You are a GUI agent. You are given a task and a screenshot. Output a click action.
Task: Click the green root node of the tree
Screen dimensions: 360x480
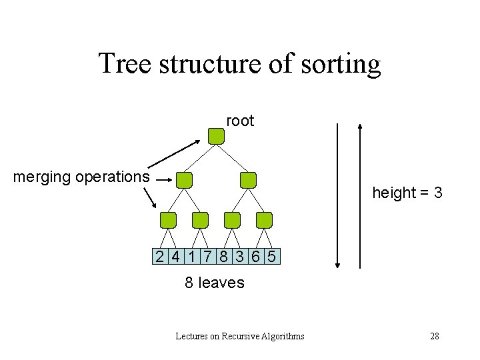coord(216,136)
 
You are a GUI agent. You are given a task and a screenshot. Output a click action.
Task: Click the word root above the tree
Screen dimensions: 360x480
coord(240,121)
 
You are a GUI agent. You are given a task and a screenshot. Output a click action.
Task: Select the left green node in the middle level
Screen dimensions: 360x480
coord(184,179)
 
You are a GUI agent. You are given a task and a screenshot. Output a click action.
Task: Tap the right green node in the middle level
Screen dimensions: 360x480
coord(248,179)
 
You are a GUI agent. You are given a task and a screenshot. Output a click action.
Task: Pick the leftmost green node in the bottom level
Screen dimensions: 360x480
coord(169,220)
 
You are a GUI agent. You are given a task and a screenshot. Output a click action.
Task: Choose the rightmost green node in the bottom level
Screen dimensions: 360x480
coord(265,220)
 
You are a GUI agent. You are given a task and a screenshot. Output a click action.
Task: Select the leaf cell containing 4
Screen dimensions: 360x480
coord(175,257)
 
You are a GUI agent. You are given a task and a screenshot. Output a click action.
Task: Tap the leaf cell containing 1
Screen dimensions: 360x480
coord(191,257)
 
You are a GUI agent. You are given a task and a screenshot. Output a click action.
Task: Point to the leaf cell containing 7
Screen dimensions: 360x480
coord(207,257)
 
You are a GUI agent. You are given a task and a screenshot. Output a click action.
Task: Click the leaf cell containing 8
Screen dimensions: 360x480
coord(224,257)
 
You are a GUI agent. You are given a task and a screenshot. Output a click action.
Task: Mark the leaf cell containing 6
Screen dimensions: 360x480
coord(257,257)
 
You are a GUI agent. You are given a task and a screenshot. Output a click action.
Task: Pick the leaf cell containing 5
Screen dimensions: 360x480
coord(272,257)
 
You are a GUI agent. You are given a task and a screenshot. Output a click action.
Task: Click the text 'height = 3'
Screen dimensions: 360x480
coord(407,193)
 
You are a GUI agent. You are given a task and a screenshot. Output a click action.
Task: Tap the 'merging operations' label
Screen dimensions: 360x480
coord(81,177)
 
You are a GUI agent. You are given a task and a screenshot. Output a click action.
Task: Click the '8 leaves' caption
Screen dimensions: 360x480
coord(215,283)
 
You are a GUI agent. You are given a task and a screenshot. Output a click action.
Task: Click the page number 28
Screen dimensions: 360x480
coord(435,336)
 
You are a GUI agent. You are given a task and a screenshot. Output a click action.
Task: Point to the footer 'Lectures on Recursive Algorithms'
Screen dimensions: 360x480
coord(240,336)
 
